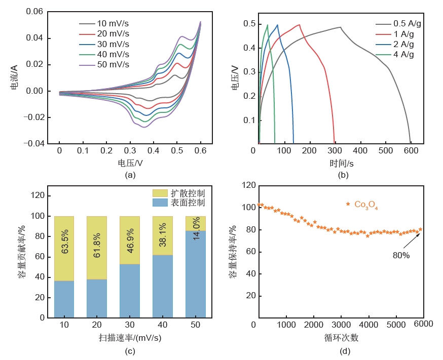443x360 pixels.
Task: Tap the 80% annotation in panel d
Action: (x=400, y=256)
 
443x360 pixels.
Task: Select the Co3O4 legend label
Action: (x=366, y=205)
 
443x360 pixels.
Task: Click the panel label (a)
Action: (x=130, y=175)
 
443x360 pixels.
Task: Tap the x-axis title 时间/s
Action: (x=341, y=163)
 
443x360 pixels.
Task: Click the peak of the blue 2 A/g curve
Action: (x=277, y=25)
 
